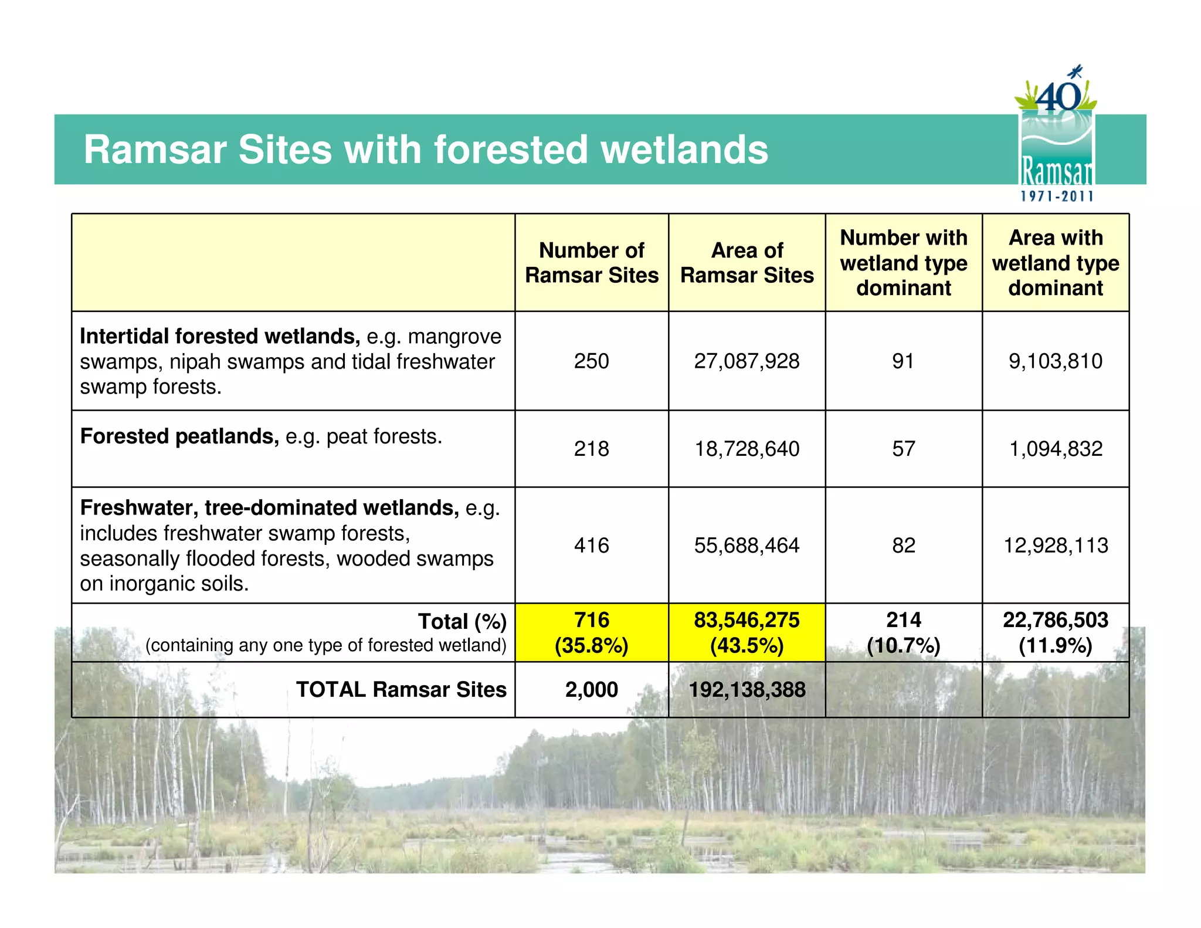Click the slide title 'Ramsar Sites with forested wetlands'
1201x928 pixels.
pyautogui.click(x=426, y=150)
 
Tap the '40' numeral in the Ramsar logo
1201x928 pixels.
pyautogui.click(x=1058, y=97)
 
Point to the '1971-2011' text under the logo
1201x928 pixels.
pyautogui.click(x=1057, y=197)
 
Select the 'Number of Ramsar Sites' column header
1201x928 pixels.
pyautogui.click(x=591, y=263)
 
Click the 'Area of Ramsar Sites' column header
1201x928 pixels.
pyautogui.click(x=747, y=263)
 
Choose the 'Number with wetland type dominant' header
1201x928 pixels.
pyautogui.click(x=903, y=263)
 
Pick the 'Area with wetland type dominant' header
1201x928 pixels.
pyautogui.click(x=1056, y=263)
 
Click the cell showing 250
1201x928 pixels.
pyautogui.click(x=591, y=361)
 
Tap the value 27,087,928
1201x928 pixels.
pyautogui.click(x=747, y=361)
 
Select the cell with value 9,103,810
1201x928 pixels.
pyautogui.click(x=1056, y=361)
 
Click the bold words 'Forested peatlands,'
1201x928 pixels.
pyautogui.click(x=179, y=436)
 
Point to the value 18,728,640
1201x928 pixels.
pyautogui.click(x=747, y=449)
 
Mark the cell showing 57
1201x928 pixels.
pyautogui.click(x=903, y=449)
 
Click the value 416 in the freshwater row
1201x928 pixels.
pyautogui.click(x=591, y=546)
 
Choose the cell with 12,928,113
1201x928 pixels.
pyautogui.click(x=1056, y=546)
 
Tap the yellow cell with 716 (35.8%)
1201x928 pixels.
pyautogui.click(x=591, y=632)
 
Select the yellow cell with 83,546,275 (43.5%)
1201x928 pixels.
pyautogui.click(x=747, y=632)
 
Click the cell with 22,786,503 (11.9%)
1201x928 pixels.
pyautogui.click(x=1056, y=632)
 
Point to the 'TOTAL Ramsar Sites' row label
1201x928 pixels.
pyautogui.click(x=401, y=689)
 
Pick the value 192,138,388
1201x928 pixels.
pyautogui.click(x=747, y=689)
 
